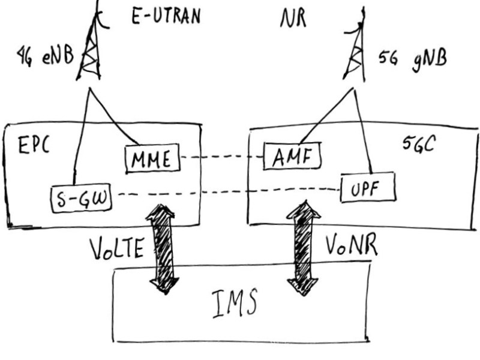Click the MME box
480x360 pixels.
[151, 159]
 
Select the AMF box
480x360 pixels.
[293, 158]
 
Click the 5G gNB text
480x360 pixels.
[414, 60]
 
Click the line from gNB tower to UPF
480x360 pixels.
[367, 132]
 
